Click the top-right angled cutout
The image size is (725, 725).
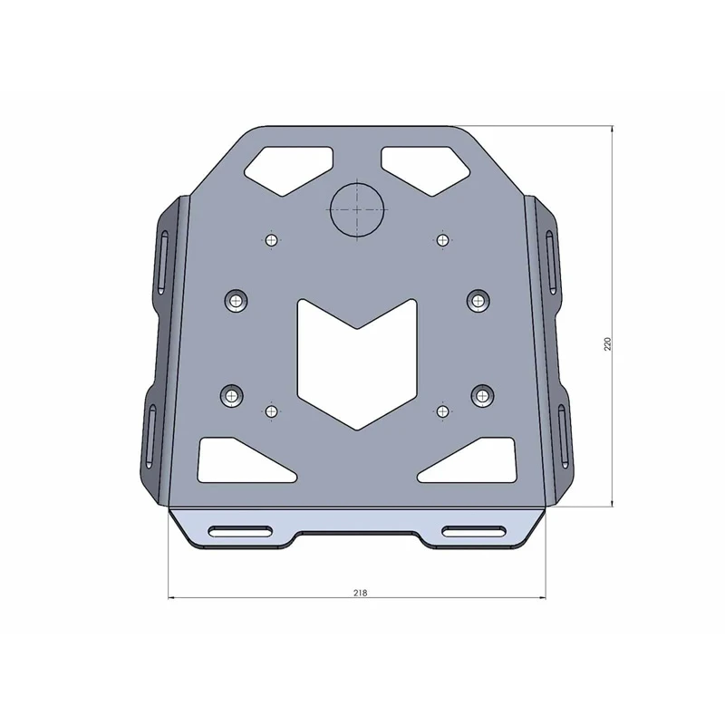tap(428, 167)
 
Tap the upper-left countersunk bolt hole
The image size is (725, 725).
tap(237, 300)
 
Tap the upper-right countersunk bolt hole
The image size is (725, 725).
tap(478, 299)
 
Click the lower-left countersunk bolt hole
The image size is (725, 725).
tap(232, 395)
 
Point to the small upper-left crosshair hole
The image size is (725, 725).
tap(271, 240)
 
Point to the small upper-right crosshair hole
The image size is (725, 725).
tap(442, 239)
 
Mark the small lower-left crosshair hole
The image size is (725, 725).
tap(271, 411)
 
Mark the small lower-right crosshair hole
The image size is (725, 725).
tap(442, 411)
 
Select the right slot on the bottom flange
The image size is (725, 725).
tap(475, 531)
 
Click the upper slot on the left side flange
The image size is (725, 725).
tap(163, 261)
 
